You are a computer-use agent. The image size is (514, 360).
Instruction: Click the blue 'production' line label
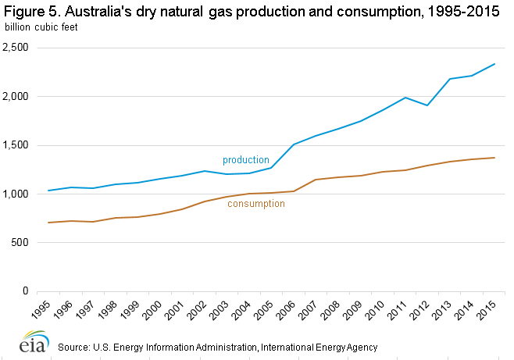coord(245,160)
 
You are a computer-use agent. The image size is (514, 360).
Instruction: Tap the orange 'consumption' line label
coord(255,204)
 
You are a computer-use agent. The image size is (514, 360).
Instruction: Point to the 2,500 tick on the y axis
coord(16,48)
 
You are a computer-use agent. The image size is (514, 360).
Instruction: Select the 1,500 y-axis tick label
coord(16,145)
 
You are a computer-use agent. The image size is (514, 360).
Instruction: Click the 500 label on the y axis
coord(20,243)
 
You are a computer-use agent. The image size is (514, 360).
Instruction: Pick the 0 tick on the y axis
coord(25,291)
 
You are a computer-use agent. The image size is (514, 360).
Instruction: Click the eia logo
coord(31,344)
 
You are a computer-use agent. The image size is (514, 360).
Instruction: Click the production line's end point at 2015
coord(494,64)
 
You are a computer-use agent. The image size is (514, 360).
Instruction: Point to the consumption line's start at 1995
coord(48,223)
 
